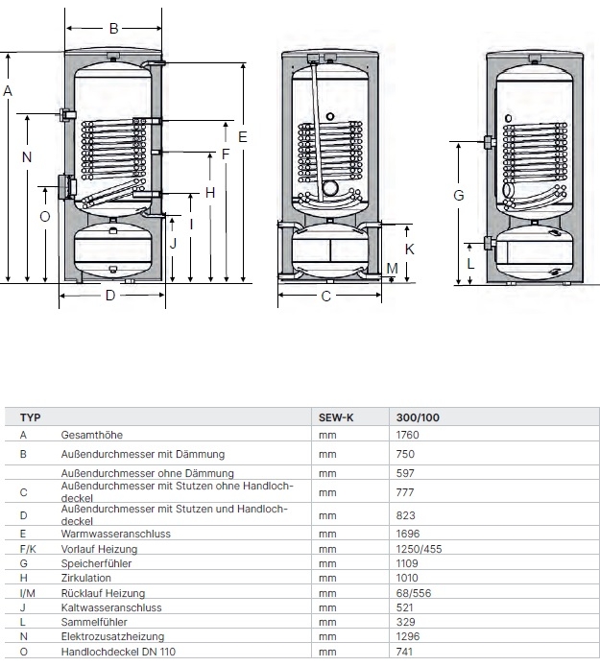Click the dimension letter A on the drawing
[8, 90]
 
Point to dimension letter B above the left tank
[113, 29]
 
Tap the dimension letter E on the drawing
[243, 137]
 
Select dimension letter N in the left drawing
[27, 157]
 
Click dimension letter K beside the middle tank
[409, 248]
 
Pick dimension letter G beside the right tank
[459, 195]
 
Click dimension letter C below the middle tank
[326, 297]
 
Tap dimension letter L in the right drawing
[470, 261]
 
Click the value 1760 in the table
[408, 435]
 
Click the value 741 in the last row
[404, 652]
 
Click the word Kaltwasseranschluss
[110, 607]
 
